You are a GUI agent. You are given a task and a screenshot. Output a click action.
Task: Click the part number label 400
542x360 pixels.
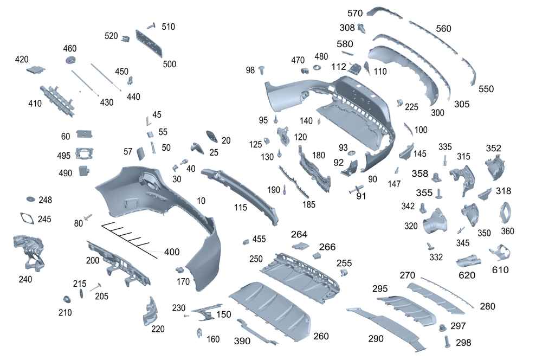[172, 252]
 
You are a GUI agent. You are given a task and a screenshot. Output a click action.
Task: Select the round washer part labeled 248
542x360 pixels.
[30, 200]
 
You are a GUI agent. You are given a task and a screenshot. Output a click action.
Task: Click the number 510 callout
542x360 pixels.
[168, 27]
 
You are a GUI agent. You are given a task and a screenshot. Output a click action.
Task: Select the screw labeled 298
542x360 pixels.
[448, 341]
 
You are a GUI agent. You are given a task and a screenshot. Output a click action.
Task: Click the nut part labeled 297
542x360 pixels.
[442, 327]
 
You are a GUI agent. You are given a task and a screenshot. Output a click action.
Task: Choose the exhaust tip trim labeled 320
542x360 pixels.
[437, 222]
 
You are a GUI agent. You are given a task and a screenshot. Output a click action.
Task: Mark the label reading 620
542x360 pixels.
[467, 275]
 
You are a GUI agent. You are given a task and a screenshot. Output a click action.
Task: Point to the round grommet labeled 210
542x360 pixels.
[67, 300]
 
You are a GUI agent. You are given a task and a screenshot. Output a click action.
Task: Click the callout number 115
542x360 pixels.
[241, 207]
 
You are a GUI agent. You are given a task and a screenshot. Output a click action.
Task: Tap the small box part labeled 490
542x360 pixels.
[85, 171]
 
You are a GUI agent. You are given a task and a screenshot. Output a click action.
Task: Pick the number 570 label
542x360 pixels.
[355, 13]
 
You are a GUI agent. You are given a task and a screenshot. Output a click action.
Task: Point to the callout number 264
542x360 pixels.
[299, 234]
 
